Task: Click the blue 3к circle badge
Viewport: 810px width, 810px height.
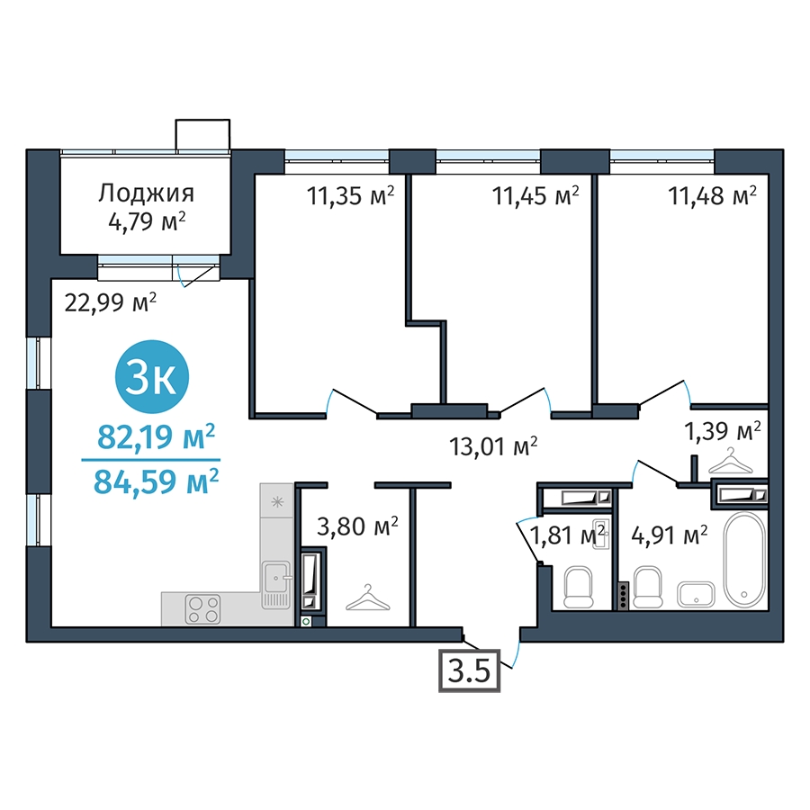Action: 152,376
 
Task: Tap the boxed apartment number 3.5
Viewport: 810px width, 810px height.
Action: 469,670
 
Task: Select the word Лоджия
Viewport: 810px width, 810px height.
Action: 147,193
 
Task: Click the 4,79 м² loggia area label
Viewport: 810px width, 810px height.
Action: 147,221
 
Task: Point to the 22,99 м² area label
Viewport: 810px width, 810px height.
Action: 111,302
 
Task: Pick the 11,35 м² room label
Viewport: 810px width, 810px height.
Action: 351,196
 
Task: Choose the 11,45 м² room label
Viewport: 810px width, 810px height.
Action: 535,196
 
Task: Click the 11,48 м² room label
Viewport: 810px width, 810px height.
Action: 713,196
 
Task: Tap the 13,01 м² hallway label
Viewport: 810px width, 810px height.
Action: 494,446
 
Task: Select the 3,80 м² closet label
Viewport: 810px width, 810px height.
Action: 357,526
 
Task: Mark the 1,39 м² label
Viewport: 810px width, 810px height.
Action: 723,430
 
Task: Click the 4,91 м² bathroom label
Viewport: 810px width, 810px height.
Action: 670,535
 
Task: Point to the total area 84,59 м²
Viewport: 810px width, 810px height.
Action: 156,481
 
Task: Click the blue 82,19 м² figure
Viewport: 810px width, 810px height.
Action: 156,437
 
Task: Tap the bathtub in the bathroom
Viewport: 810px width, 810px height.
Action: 744,559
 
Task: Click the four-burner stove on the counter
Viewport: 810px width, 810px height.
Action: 203,609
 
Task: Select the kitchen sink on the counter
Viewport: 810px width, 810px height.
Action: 277,584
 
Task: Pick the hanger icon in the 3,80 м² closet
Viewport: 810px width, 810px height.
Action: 367,598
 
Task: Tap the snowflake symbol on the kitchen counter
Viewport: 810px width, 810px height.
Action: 278,501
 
